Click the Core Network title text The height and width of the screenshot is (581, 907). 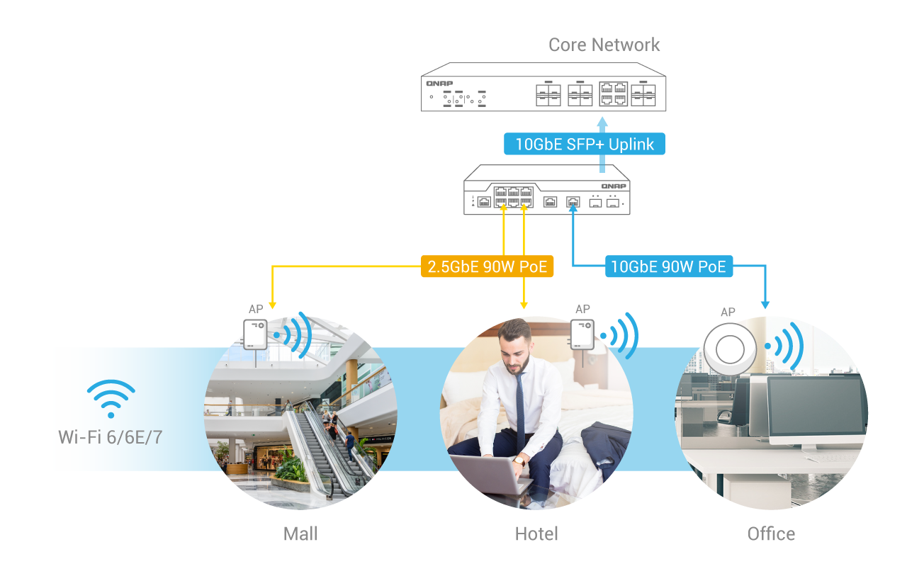[x=604, y=45]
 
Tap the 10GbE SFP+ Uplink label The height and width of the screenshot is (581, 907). [x=585, y=145]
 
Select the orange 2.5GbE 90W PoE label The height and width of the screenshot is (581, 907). [x=487, y=266]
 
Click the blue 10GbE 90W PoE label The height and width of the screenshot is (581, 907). [x=668, y=266]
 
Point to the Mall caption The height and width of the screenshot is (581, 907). [x=300, y=534]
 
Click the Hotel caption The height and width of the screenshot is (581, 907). [x=536, y=534]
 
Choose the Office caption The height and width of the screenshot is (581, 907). [x=771, y=534]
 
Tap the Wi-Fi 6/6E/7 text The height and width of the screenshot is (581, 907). [x=110, y=436]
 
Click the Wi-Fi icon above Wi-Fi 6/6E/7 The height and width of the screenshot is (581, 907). [x=111, y=398]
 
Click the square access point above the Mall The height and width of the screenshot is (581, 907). [x=255, y=334]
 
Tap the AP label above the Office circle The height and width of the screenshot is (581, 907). [x=728, y=312]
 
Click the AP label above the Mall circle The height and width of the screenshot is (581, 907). [x=256, y=310]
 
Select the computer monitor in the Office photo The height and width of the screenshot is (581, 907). [x=814, y=407]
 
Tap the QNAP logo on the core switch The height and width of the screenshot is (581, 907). [x=439, y=83]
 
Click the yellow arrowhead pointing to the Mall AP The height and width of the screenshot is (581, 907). [x=272, y=305]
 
